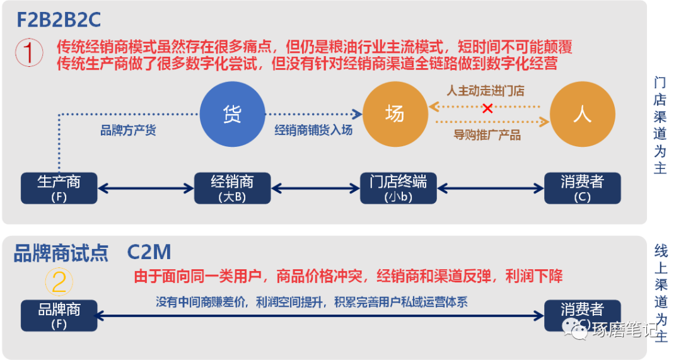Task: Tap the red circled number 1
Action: (28, 54)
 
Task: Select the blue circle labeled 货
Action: (232, 114)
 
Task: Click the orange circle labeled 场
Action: (394, 114)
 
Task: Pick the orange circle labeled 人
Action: (582, 114)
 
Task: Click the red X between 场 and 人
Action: (487, 108)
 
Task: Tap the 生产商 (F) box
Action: (59, 188)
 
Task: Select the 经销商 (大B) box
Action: (232, 188)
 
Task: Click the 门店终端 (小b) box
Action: (398, 188)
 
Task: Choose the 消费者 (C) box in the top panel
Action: (582, 188)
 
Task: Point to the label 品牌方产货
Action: (128, 131)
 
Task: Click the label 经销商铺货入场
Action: (313, 131)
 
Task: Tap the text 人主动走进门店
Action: (486, 91)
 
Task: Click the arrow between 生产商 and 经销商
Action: (145, 188)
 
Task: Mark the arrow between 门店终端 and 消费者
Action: (490, 188)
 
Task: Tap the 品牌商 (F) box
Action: (59, 315)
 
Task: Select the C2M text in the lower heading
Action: (149, 252)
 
